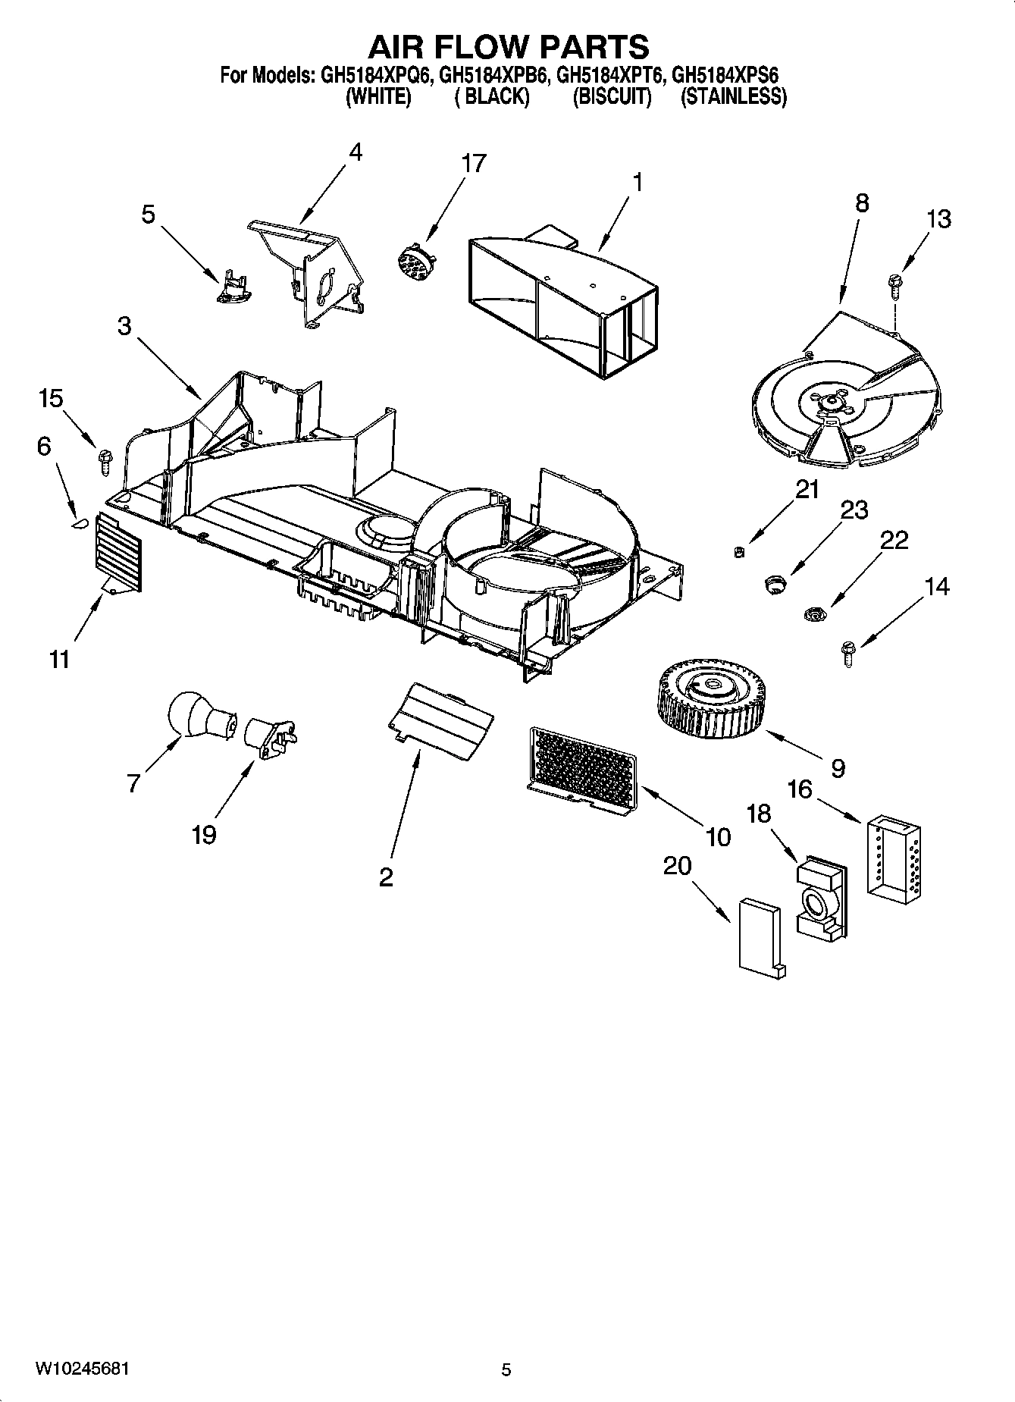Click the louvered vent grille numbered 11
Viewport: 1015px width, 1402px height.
pyautogui.click(x=118, y=552)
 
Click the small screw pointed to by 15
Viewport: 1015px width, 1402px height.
pyautogui.click(x=104, y=461)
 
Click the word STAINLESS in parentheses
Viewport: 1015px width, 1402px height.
pyautogui.click(x=732, y=97)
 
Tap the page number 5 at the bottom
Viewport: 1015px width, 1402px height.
pyautogui.click(x=506, y=1369)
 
